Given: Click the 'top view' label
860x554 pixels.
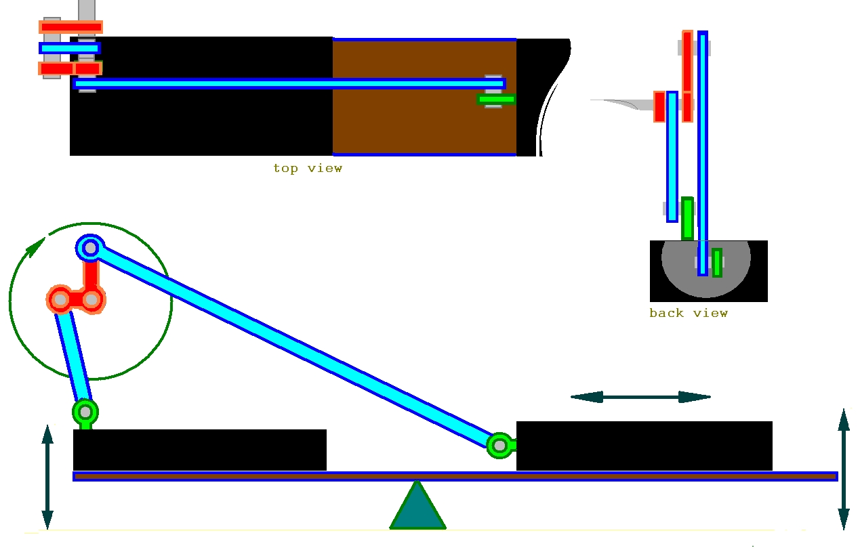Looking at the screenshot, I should (308, 168).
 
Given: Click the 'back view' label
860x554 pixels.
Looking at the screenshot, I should (688, 313).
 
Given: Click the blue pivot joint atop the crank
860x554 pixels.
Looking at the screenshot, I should (89, 249).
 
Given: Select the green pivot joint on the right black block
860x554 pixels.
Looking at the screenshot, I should (500, 445).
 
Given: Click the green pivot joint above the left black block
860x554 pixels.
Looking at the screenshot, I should (85, 411).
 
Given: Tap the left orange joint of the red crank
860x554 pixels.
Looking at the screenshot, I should (60, 299).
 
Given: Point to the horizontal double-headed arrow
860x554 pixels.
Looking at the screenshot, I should (640, 397).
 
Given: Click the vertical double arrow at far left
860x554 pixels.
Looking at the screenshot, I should (47, 476).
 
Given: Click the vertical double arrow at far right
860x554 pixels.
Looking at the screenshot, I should (843, 469).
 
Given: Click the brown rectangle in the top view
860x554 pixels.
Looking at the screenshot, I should (424, 122).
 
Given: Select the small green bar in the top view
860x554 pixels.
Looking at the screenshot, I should (496, 100).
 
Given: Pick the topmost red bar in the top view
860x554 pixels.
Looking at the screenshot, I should (71, 27).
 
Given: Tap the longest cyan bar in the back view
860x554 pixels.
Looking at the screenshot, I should (703, 152).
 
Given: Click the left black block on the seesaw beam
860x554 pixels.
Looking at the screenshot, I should (199, 450).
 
